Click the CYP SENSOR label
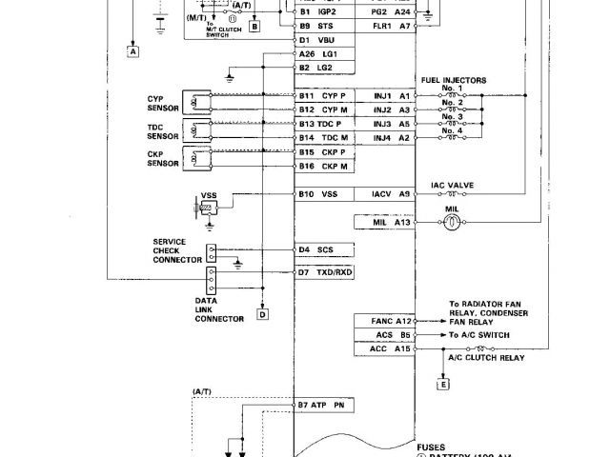[162, 102]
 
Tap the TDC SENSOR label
[162, 130]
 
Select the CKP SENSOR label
[162, 158]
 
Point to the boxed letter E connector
[441, 385]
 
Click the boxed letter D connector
[261, 314]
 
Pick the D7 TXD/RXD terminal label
[323, 271]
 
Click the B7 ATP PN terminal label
[323, 405]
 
